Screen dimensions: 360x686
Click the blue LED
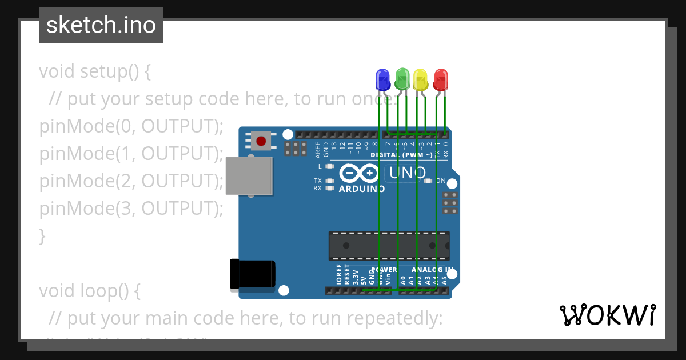click(x=382, y=79)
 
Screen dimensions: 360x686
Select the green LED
click(x=402, y=79)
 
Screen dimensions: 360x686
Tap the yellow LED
click(x=421, y=79)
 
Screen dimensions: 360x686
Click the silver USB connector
click(x=249, y=176)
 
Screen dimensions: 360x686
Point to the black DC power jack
click(x=252, y=274)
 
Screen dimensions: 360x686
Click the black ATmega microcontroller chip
click(x=389, y=246)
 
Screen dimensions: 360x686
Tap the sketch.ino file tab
click(x=101, y=25)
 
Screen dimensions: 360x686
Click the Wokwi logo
click(x=608, y=315)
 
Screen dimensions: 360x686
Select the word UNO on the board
click(x=407, y=173)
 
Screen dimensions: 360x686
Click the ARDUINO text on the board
click(x=362, y=189)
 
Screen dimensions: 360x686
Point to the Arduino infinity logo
click(x=359, y=173)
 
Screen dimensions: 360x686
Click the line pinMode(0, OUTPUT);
click(x=131, y=126)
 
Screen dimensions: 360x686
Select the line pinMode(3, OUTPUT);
click(x=131, y=209)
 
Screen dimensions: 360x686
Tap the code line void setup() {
click(x=95, y=72)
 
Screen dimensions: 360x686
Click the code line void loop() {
click(x=89, y=291)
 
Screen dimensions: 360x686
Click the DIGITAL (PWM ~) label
click(x=402, y=155)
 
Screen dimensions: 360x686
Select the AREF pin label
click(x=318, y=150)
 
